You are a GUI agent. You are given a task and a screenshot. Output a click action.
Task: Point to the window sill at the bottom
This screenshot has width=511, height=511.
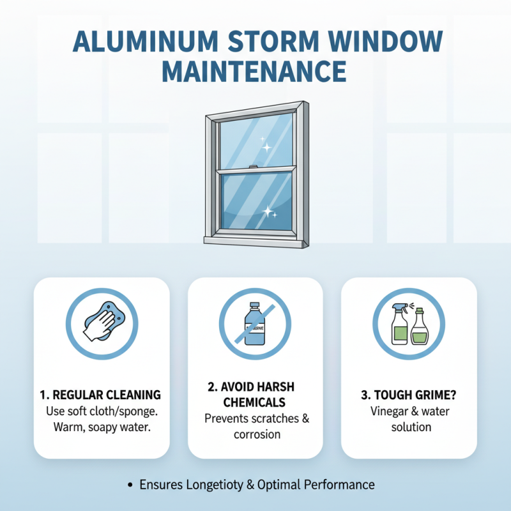[255, 241]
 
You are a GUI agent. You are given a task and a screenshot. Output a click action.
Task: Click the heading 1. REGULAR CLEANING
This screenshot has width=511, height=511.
[102, 395]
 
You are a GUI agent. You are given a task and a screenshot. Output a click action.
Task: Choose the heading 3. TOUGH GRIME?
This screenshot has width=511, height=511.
[408, 395]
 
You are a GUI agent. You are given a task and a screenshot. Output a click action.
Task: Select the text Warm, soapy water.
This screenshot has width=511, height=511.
[102, 427]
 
